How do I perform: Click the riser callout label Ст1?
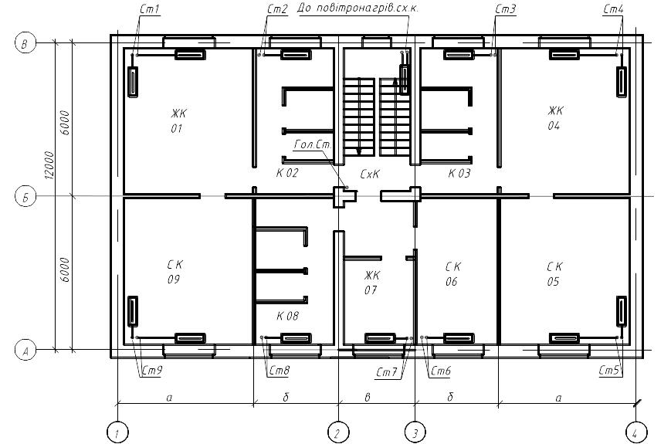point(150,9)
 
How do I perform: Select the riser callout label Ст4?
point(613,9)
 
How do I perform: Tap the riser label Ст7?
point(386,372)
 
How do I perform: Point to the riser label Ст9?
point(152,371)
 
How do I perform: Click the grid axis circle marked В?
point(25,43)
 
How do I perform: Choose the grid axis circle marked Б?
point(25,197)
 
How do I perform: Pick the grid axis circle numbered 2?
point(338,432)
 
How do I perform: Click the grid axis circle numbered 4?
point(635,432)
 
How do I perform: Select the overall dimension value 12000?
point(50,165)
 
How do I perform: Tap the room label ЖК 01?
point(178,120)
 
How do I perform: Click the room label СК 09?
point(175,272)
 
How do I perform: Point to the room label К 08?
point(287,316)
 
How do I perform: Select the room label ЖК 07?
point(371,283)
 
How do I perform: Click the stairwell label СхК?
point(370,174)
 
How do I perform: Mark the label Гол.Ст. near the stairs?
point(313,144)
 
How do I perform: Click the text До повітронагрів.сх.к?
point(358,8)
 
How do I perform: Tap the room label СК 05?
point(554,274)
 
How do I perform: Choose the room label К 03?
point(459,173)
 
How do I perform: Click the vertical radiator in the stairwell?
point(404,79)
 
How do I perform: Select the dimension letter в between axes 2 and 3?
point(368,398)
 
